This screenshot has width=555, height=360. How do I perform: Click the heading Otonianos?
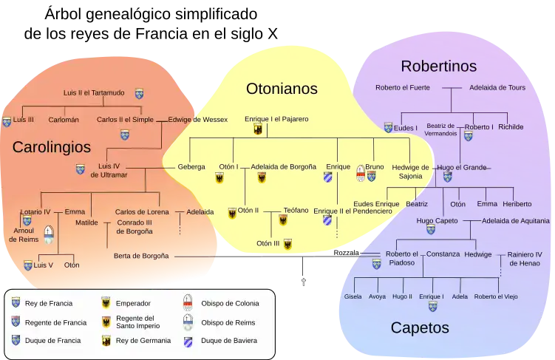click(x=282, y=89)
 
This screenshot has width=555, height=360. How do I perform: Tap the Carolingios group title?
click(x=52, y=147)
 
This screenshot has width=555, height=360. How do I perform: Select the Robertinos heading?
click(x=438, y=67)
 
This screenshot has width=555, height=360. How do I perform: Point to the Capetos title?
click(x=420, y=327)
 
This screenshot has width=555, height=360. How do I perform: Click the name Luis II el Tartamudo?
click(x=94, y=93)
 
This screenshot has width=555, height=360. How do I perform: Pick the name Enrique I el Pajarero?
click(x=276, y=119)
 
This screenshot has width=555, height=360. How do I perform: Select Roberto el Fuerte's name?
click(x=404, y=87)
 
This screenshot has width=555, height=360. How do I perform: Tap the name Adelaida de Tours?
click(x=497, y=87)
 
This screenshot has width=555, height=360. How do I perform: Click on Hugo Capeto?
click(x=437, y=220)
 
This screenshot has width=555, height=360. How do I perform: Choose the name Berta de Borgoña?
click(x=141, y=256)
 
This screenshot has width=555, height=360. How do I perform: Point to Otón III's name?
click(x=268, y=243)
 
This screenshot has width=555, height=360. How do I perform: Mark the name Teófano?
click(x=296, y=211)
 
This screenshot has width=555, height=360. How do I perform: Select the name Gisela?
click(x=353, y=296)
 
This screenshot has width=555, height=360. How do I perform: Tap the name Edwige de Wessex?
click(x=197, y=119)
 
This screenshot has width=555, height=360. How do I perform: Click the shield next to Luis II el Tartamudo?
click(x=139, y=94)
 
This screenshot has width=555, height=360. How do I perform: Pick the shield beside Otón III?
click(x=287, y=243)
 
